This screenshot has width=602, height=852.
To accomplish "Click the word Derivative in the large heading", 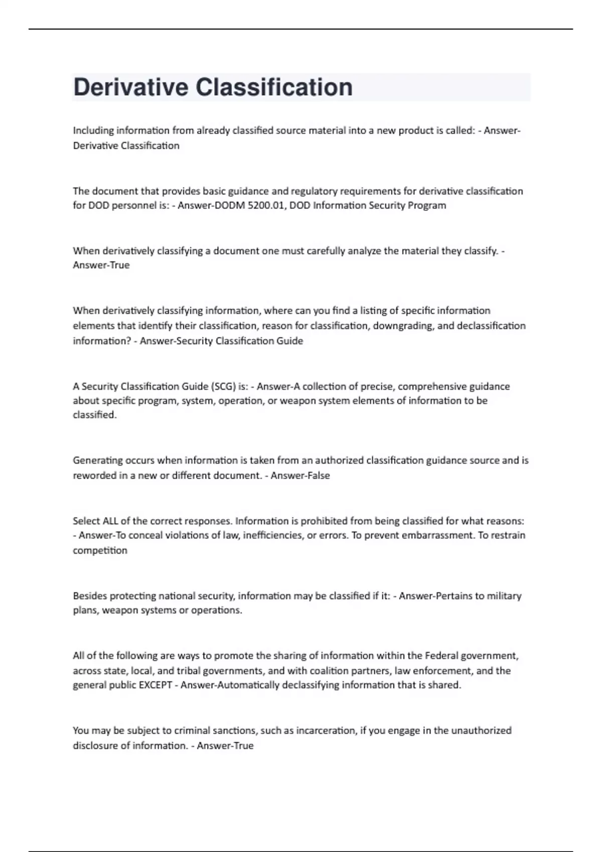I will (130, 87).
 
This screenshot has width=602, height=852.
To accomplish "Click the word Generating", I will (98, 461).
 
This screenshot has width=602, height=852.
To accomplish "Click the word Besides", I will (90, 596).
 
